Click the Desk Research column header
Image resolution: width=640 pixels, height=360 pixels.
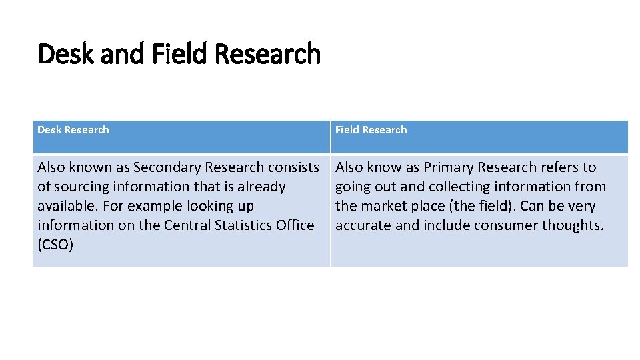73,130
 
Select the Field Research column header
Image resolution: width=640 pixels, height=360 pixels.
371,130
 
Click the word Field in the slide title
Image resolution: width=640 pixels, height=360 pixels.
175,54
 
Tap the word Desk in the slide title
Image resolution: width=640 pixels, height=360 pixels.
66,54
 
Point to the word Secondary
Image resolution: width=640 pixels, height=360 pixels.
167,167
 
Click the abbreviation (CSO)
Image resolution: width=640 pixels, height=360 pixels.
55,245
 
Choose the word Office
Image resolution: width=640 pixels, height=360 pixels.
295,225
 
